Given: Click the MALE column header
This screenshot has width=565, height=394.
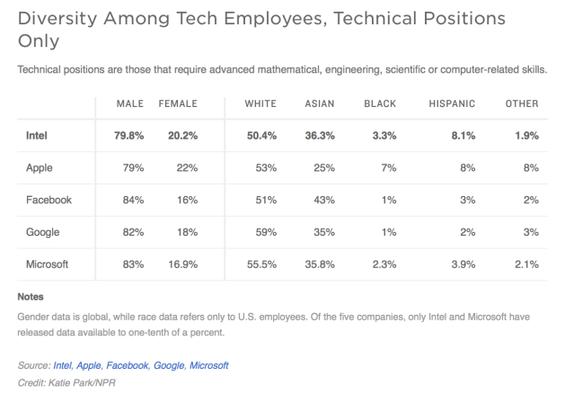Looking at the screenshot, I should click(x=130, y=104).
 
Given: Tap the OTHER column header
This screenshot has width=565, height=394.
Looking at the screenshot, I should click(x=521, y=104).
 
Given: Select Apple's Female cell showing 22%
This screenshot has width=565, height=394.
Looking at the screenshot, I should click(x=185, y=168).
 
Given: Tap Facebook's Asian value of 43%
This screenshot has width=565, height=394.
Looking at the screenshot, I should click(x=322, y=200).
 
